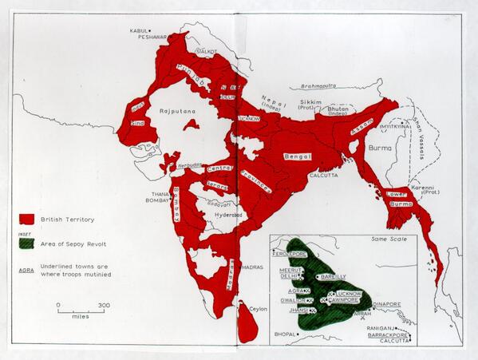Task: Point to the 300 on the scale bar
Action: click(104, 306)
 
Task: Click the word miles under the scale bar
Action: click(81, 316)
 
